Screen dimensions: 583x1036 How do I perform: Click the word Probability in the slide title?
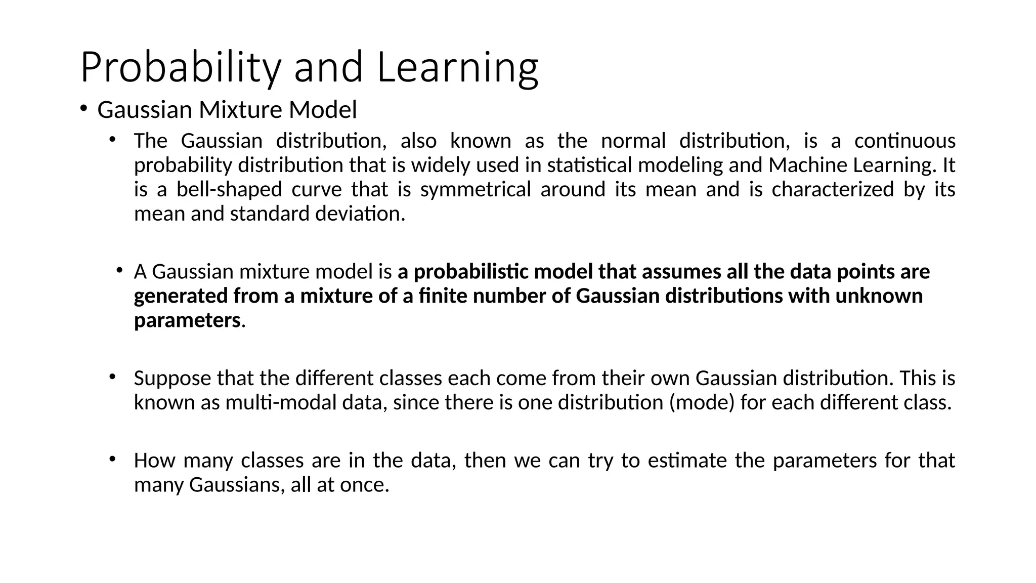pos(180,68)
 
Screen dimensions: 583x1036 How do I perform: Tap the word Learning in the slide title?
pos(457,68)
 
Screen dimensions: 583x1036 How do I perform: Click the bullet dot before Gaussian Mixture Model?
pos(83,108)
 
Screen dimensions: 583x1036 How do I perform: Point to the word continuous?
pos(904,141)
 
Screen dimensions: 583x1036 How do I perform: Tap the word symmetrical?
pos(475,190)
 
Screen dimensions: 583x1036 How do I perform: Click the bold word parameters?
pos(187,321)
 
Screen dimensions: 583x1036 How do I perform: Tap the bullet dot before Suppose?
pos(112,377)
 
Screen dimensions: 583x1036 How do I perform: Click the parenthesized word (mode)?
pos(701,403)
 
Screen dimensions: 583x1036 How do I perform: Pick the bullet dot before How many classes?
pos(112,459)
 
